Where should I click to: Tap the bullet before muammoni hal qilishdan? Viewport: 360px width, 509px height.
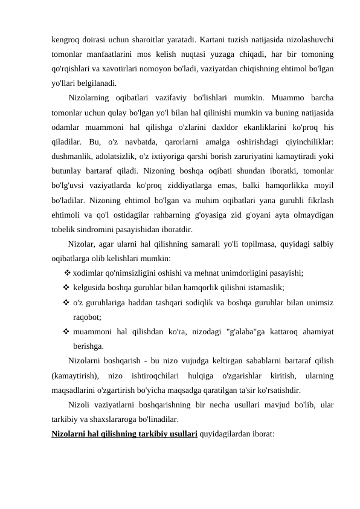tap(65, 331)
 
